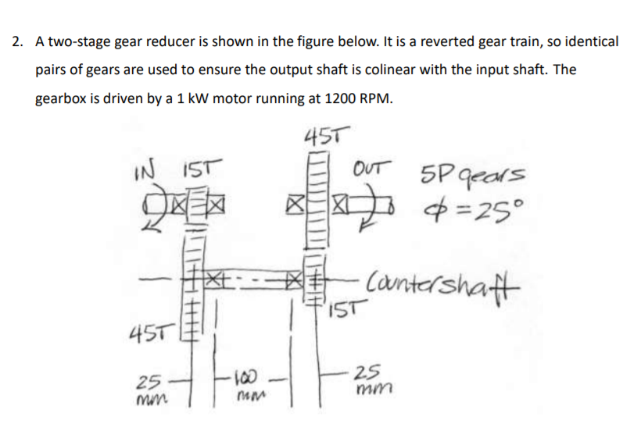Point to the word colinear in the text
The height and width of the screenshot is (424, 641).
445,69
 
